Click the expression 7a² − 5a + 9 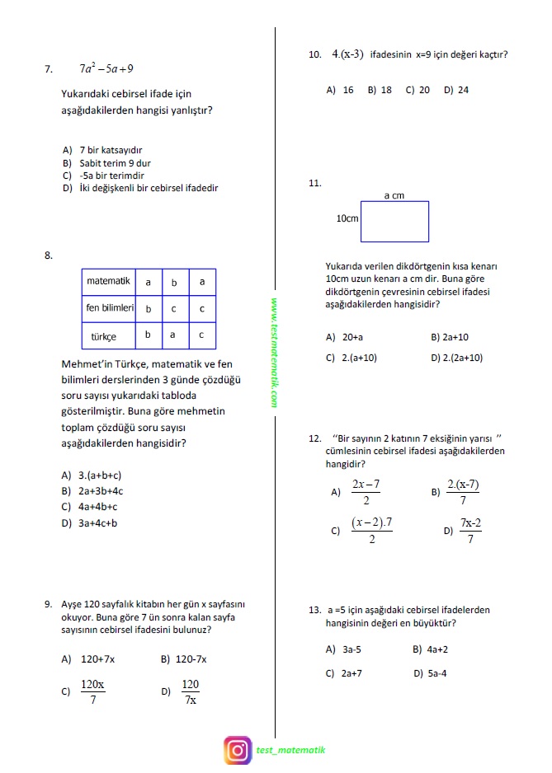point(106,69)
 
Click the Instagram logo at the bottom point(238,750)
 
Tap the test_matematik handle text point(290,750)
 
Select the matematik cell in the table point(108,282)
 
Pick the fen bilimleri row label point(109,308)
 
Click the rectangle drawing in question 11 point(394,221)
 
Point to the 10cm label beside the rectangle point(347,219)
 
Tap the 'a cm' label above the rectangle point(394,195)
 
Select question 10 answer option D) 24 point(456,90)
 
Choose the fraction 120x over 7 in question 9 point(92,692)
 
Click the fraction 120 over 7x point(190,692)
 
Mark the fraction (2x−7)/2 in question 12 point(366,492)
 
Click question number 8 point(49,255)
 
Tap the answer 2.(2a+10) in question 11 point(457,358)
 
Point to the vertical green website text point(274,353)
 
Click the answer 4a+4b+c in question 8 point(92,507)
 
